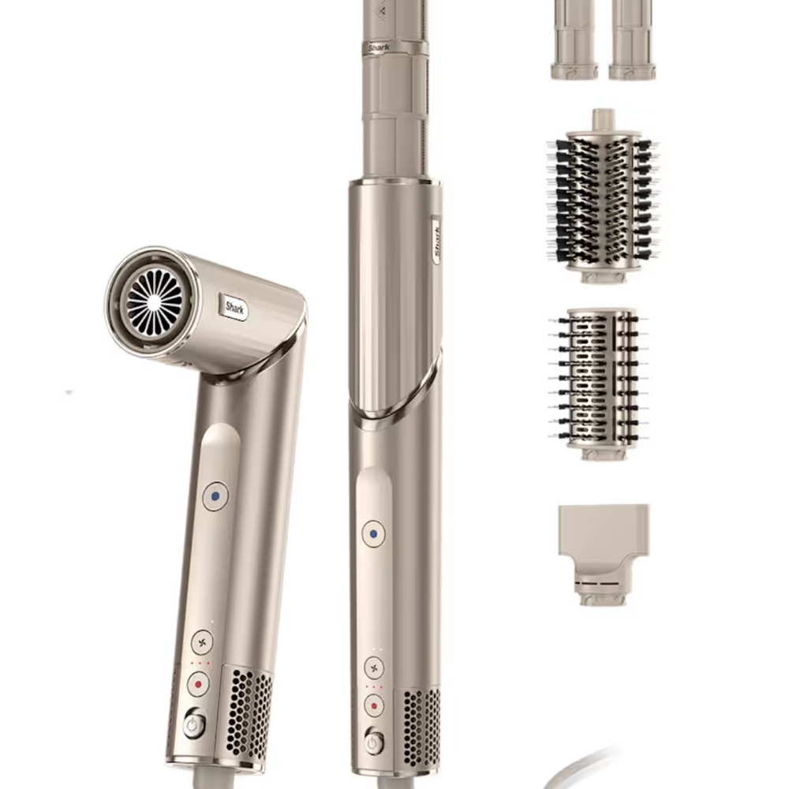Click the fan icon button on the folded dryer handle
(202, 641)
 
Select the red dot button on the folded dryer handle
(198, 683)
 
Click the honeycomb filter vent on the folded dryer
(249, 710)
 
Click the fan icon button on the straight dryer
(374, 667)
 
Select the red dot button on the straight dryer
(374, 705)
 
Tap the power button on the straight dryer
(374, 742)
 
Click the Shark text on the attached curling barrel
(380, 47)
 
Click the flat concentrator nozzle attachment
(604, 544)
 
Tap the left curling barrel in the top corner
(574, 39)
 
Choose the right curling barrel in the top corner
(631, 39)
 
